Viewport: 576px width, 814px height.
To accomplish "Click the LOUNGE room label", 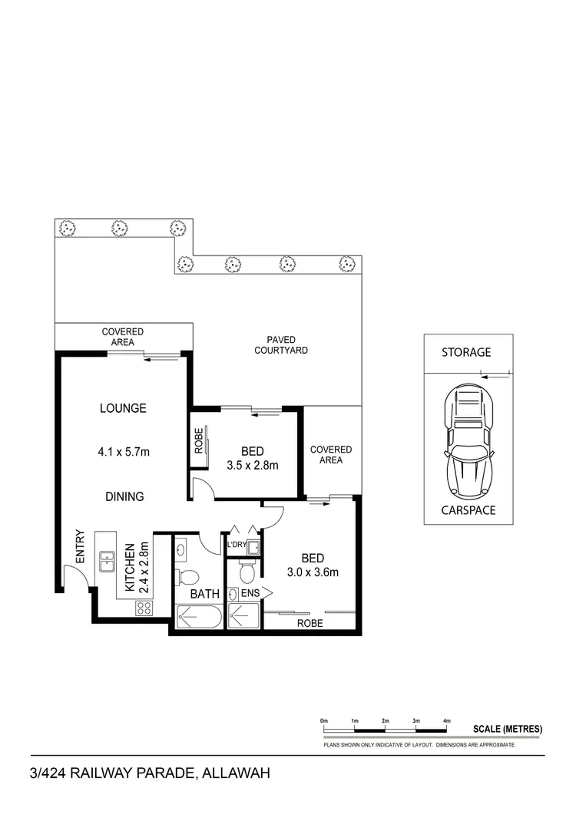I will click(x=123, y=408).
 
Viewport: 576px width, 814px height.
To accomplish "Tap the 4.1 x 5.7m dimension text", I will click(x=124, y=452).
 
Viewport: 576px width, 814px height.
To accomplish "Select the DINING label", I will click(x=124, y=496).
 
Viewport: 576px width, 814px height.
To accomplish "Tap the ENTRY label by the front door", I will click(x=79, y=545).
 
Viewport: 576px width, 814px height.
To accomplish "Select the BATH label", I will click(x=205, y=594).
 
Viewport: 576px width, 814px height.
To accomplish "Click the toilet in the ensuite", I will click(x=247, y=572).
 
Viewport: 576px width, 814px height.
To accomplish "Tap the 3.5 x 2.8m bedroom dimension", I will click(x=252, y=465).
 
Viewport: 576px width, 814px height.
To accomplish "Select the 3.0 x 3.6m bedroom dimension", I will click(x=313, y=572).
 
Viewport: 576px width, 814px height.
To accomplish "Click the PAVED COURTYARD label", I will click(x=287, y=344).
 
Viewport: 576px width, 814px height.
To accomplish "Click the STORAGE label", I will click(x=466, y=352).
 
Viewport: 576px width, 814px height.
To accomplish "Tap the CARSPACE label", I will click(x=468, y=510).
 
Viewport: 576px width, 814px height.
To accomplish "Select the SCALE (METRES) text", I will click(x=508, y=728).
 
